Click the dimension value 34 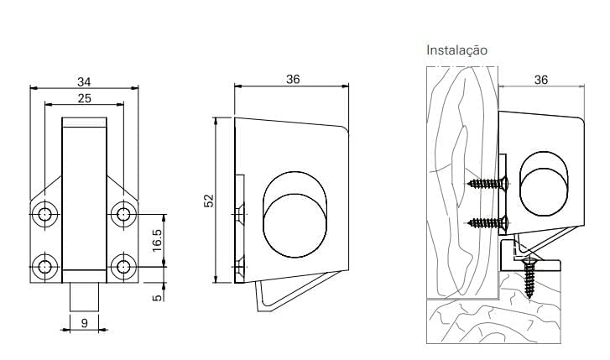coord(84,81)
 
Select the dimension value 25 coord(84,98)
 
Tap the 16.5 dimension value coord(156,239)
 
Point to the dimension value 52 coord(210,201)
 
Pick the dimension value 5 coord(156,297)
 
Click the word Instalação coord(457,50)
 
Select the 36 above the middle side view coord(292,79)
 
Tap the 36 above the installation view coord(540,79)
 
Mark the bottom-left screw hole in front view coord(44,268)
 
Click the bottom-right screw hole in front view coord(123,268)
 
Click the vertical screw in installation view coord(530,277)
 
